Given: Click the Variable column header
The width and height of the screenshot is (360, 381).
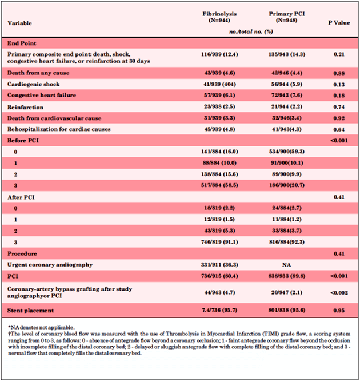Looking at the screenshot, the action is (19, 23).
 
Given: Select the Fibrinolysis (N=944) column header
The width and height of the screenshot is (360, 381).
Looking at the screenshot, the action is (219, 17).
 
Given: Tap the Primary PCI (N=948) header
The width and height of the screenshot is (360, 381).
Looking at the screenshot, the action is (286, 17).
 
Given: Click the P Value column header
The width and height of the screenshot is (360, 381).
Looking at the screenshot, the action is (339, 23).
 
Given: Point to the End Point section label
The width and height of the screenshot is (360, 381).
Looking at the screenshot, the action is (22, 43).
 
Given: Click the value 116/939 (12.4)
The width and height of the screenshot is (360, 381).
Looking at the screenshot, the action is (219, 54).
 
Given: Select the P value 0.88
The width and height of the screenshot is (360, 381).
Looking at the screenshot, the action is (339, 73).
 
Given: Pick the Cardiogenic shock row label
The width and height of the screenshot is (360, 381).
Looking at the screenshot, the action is (34, 84).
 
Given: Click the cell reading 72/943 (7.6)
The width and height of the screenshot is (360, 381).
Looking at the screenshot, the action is (287, 95).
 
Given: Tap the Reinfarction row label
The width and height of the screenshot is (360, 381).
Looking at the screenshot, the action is (26, 107).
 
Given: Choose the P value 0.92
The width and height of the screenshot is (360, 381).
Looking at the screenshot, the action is (339, 118).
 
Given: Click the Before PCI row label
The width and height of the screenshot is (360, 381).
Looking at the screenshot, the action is (23, 141).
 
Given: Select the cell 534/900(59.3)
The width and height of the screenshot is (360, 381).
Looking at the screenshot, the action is (287, 152).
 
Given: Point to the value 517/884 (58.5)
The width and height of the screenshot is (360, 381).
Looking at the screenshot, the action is (219, 185).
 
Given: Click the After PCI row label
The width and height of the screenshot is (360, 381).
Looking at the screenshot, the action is (21, 197).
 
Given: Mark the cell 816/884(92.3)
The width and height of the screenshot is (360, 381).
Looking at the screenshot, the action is (287, 242).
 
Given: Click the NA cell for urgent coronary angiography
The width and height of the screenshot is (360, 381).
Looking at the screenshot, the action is (286, 265).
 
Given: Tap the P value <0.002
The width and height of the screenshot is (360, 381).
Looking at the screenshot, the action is (339, 293).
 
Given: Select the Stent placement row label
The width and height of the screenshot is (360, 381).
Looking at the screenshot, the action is (31, 311).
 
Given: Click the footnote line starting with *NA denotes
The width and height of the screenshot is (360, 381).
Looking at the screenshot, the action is (41, 327).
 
